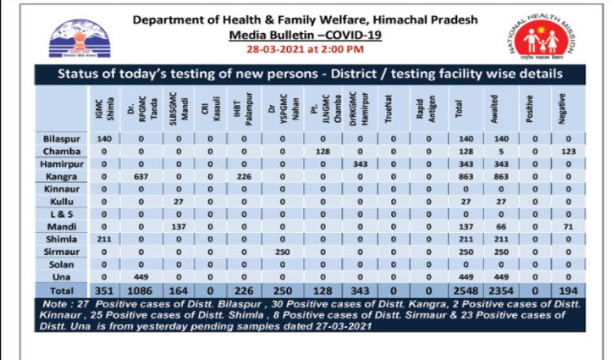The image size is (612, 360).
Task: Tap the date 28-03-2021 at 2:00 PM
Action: [305, 50]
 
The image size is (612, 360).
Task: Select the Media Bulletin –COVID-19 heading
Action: [306, 35]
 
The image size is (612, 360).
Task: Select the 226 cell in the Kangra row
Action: [245, 175]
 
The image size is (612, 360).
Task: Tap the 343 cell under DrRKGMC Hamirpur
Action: [355, 163]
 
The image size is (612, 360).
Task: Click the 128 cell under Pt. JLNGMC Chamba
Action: [321, 150]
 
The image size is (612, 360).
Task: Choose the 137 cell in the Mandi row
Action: [177, 227]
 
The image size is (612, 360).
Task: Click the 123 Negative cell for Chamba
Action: [568, 150]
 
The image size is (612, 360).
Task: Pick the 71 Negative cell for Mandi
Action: [568, 227]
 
